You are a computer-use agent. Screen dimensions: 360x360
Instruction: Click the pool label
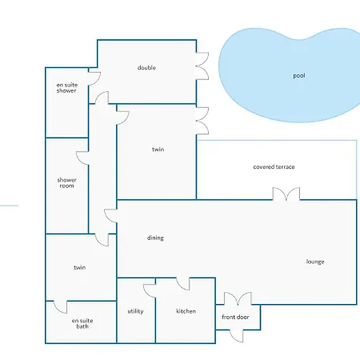pyautogui.click(x=299, y=76)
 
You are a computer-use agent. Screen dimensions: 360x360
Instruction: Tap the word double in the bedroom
pyautogui.click(x=146, y=68)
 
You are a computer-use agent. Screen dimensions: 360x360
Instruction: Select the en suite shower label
pyautogui.click(x=67, y=88)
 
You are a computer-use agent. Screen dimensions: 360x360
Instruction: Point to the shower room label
pyautogui.click(x=66, y=183)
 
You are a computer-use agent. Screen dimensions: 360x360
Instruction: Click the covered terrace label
pyautogui.click(x=274, y=167)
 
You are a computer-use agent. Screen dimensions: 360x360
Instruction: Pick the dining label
pyautogui.click(x=155, y=238)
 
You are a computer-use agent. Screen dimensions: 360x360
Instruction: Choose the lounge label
pyautogui.click(x=315, y=262)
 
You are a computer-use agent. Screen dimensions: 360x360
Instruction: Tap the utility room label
pyautogui.click(x=135, y=311)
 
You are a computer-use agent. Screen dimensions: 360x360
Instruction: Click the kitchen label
pyautogui.click(x=186, y=311)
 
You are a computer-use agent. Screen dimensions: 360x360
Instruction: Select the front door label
pyautogui.click(x=235, y=317)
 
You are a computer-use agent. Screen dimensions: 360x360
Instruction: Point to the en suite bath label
pyautogui.click(x=82, y=323)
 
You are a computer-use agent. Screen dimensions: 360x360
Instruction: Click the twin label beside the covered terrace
pyautogui.click(x=158, y=150)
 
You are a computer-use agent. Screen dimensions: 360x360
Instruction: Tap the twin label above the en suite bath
pyautogui.click(x=79, y=267)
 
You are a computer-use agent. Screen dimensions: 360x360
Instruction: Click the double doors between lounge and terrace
pyautogui.click(x=286, y=194)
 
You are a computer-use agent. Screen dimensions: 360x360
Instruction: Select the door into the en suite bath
pyautogui.click(x=61, y=307)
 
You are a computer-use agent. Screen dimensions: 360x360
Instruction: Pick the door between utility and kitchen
pyautogui.click(x=150, y=291)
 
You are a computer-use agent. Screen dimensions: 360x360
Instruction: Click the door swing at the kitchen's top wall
pyautogui.click(x=183, y=284)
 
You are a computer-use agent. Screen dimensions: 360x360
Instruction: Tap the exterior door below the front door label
pyautogui.click(x=237, y=336)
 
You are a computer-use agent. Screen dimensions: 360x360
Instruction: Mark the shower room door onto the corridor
pyautogui.click(x=82, y=158)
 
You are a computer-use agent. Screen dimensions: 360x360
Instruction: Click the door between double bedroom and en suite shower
pyautogui.click(x=94, y=78)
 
